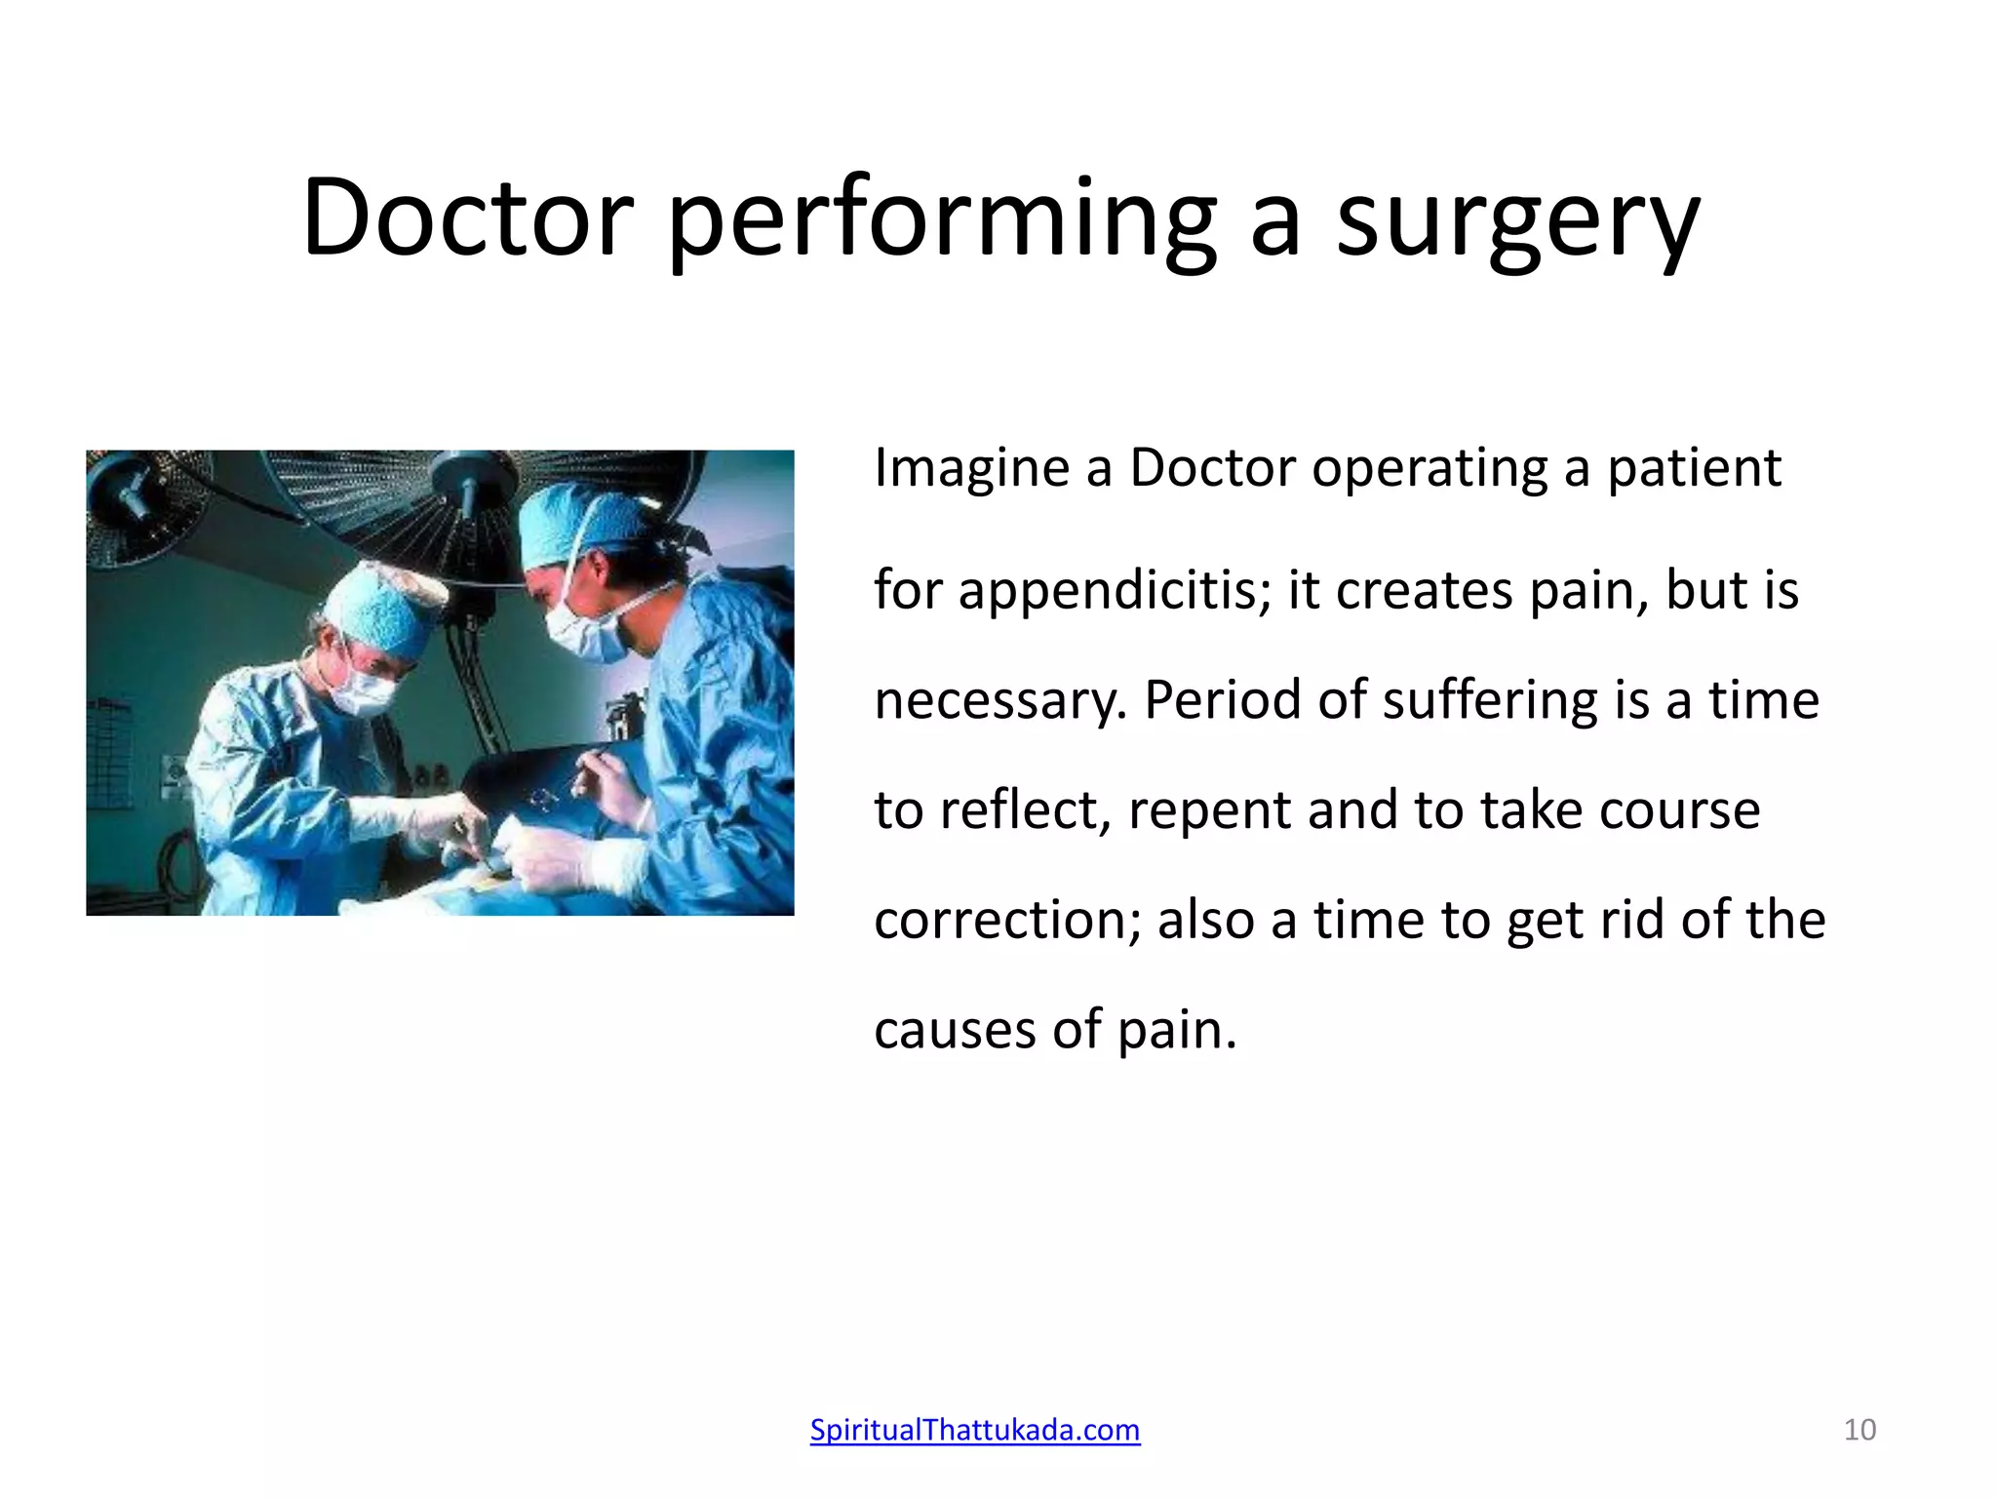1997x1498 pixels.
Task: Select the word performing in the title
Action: [x=942, y=222]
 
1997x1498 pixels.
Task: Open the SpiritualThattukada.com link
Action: [x=975, y=1430]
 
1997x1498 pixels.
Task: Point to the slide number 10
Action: [x=1860, y=1430]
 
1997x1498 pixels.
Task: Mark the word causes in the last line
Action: [x=955, y=1030]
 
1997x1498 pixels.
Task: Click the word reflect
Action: [x=1024, y=810]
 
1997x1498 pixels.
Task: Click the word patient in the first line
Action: [x=1694, y=469]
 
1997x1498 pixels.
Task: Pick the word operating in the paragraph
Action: [x=1429, y=469]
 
